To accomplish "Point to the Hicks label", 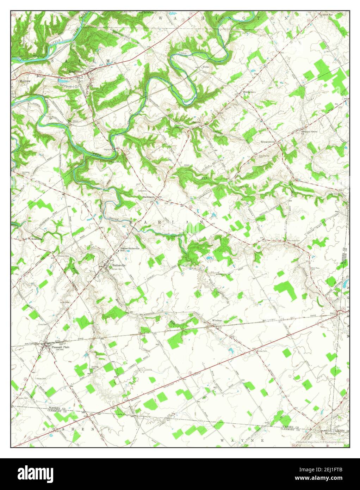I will coord(206,67).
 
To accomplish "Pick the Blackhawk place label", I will coord(149,196).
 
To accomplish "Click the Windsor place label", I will coord(217,320).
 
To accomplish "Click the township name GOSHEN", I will coord(69,429).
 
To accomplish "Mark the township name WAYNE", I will coord(243,441).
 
